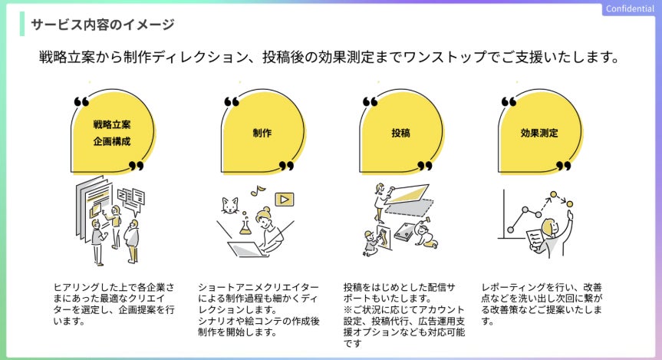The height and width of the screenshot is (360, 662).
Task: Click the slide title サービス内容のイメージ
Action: click(102, 25)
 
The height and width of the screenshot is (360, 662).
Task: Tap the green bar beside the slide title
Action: click(22, 25)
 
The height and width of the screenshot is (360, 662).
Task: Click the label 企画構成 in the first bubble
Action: click(112, 142)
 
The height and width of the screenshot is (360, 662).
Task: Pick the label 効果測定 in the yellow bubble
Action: click(539, 132)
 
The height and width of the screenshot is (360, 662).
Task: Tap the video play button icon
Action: click(285, 199)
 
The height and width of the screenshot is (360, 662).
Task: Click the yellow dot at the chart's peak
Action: click(569, 203)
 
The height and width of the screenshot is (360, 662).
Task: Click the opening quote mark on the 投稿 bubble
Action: click(370, 101)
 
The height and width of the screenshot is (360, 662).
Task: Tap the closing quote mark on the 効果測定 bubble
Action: click(564, 165)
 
